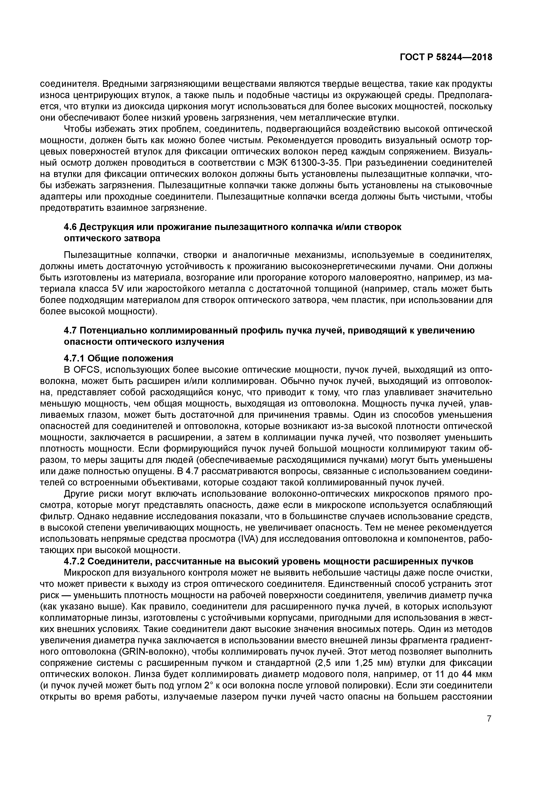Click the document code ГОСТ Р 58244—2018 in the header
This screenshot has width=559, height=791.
point(446,57)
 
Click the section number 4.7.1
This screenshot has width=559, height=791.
point(74,358)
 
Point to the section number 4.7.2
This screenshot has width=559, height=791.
point(74,561)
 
